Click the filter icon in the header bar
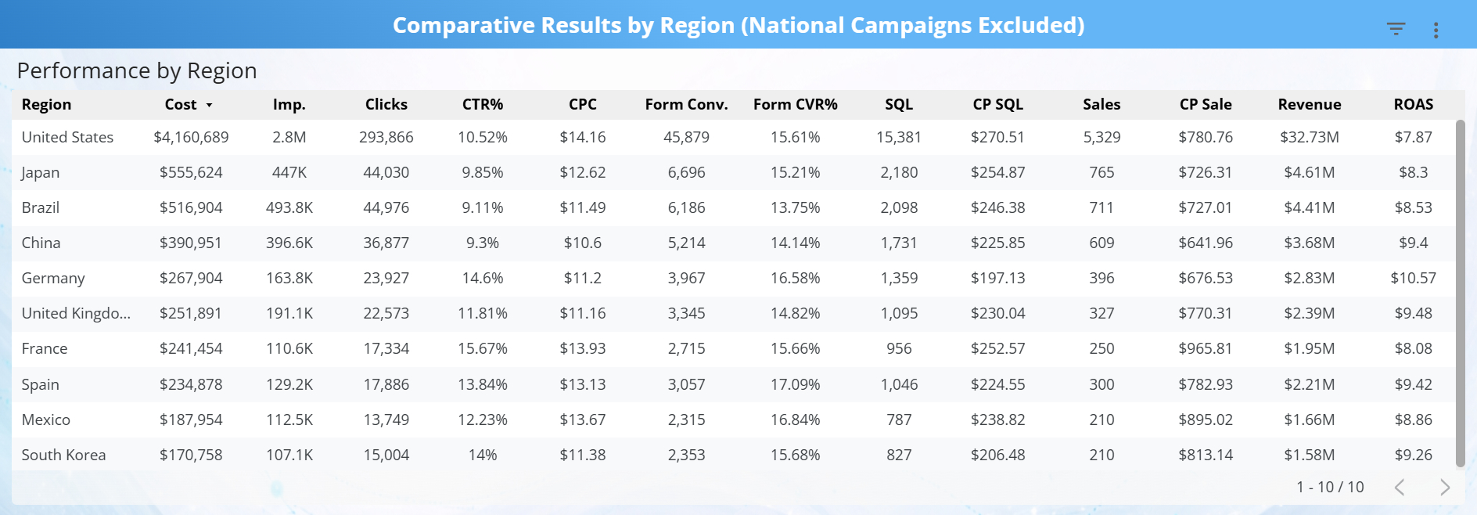click(1396, 29)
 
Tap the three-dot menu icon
click(1436, 30)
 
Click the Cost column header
click(181, 104)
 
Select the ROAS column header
click(1413, 104)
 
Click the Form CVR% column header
click(795, 104)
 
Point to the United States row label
click(67, 137)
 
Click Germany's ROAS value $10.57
click(1413, 278)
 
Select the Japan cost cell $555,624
click(191, 172)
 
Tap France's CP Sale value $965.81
click(1205, 348)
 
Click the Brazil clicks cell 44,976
click(386, 207)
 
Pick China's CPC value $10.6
click(582, 243)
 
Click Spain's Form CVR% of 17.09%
click(795, 384)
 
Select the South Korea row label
click(63, 455)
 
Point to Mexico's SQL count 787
click(898, 420)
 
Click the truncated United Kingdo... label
click(76, 313)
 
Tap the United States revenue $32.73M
click(1309, 137)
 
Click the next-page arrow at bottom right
click(1444, 487)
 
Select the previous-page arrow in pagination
click(1400, 487)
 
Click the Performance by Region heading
click(137, 70)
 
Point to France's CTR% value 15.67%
click(482, 348)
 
